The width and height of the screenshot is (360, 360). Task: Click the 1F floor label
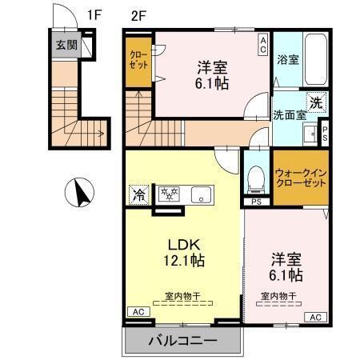(x=95, y=14)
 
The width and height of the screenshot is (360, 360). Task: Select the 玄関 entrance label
(x=66, y=45)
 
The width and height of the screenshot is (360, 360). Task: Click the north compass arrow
(x=79, y=193)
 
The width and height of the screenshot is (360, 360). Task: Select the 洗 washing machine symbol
(x=317, y=102)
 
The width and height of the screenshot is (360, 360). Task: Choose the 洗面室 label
(x=289, y=114)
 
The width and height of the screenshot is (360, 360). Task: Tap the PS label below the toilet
(x=256, y=202)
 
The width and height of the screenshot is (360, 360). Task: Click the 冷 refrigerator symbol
(x=139, y=194)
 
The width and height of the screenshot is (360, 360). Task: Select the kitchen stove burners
(x=170, y=194)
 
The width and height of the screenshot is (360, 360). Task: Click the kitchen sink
(x=201, y=194)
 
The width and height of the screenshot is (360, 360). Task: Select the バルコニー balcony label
(x=182, y=342)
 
